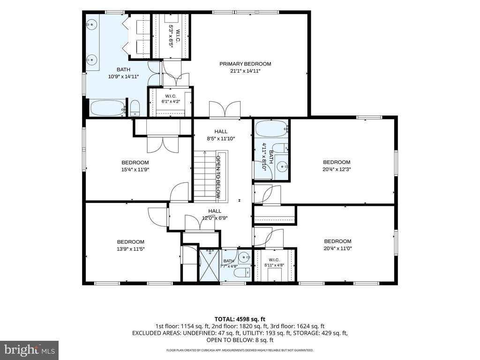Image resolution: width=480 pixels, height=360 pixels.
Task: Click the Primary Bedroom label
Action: pos(245,64)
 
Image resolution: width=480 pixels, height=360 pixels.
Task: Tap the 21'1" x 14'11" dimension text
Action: pos(245,71)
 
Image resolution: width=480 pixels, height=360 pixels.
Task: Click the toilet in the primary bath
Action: pos(135,108)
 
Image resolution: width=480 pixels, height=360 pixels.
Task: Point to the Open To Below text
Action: pos(218,177)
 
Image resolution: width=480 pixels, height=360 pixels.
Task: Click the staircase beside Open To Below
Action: pos(205,176)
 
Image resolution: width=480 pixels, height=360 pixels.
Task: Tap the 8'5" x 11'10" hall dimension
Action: pos(221,138)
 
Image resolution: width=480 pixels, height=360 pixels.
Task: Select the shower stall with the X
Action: pos(210,265)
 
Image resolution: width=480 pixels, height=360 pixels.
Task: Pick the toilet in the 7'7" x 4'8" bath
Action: pos(246,271)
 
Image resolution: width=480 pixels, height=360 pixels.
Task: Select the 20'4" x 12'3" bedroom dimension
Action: pos(337,169)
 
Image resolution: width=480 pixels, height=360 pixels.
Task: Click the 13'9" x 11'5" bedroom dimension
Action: pos(131,249)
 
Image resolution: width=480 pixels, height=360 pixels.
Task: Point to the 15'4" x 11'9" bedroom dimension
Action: pos(135,169)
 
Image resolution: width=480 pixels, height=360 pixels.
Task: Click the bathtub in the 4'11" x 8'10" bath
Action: pos(271,129)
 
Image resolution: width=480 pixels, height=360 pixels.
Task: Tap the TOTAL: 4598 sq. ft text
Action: pos(240,320)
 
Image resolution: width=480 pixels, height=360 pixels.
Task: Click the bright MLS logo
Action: pos(30,350)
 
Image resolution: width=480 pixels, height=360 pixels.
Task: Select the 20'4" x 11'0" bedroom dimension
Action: pos(337,248)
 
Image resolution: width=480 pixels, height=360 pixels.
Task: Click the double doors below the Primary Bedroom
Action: pos(225,109)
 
